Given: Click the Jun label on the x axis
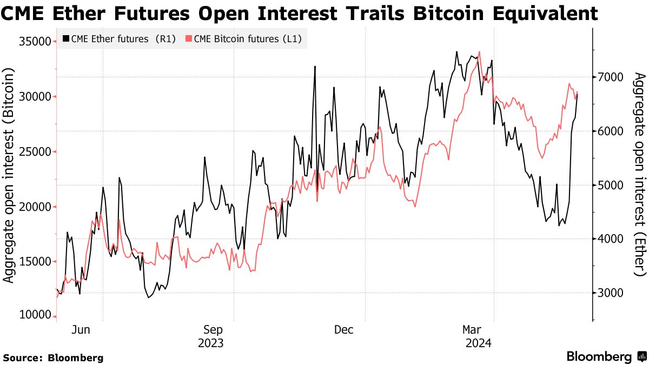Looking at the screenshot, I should pyautogui.click(x=80, y=330).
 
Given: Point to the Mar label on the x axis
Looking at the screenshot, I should pyautogui.click(x=472, y=330).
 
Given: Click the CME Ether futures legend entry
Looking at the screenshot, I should pyautogui.click(x=119, y=38).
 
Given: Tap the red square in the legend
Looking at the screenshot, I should pyautogui.click(x=189, y=38).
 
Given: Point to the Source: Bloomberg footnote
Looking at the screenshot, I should pyautogui.click(x=53, y=358).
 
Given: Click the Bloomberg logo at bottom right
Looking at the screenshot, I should pyautogui.click(x=606, y=357).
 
